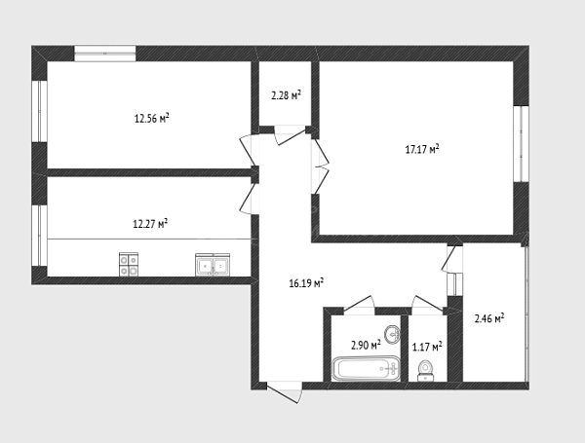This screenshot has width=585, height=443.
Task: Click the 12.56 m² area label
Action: [x=152, y=119]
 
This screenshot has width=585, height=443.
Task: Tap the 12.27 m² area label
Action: [x=150, y=224]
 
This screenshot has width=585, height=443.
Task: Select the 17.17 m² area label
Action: [x=422, y=149]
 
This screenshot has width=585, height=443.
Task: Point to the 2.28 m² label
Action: [x=286, y=95]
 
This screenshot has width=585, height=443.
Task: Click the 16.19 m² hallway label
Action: [x=306, y=283]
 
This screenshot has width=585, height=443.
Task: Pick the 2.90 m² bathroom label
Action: [x=366, y=346]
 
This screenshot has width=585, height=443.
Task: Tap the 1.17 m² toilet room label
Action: [x=427, y=348]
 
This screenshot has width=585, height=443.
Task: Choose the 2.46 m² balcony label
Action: [x=489, y=318]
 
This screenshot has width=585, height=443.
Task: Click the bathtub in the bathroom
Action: [x=366, y=369]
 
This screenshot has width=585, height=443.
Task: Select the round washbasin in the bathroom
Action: [x=392, y=334]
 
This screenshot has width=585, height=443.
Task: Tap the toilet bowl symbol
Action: [x=426, y=371]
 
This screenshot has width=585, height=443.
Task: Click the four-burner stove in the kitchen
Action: [x=129, y=265]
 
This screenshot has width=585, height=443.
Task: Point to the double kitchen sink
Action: [x=213, y=265]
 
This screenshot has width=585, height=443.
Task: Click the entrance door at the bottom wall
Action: [x=284, y=391]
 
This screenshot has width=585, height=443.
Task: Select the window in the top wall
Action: [x=105, y=54]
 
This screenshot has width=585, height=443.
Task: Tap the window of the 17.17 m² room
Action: [x=521, y=144]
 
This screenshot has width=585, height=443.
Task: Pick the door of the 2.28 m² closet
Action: [x=290, y=135]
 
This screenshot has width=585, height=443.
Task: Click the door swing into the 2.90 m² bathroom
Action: [x=359, y=305]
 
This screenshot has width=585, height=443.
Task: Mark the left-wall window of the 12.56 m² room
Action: [x=39, y=111]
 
